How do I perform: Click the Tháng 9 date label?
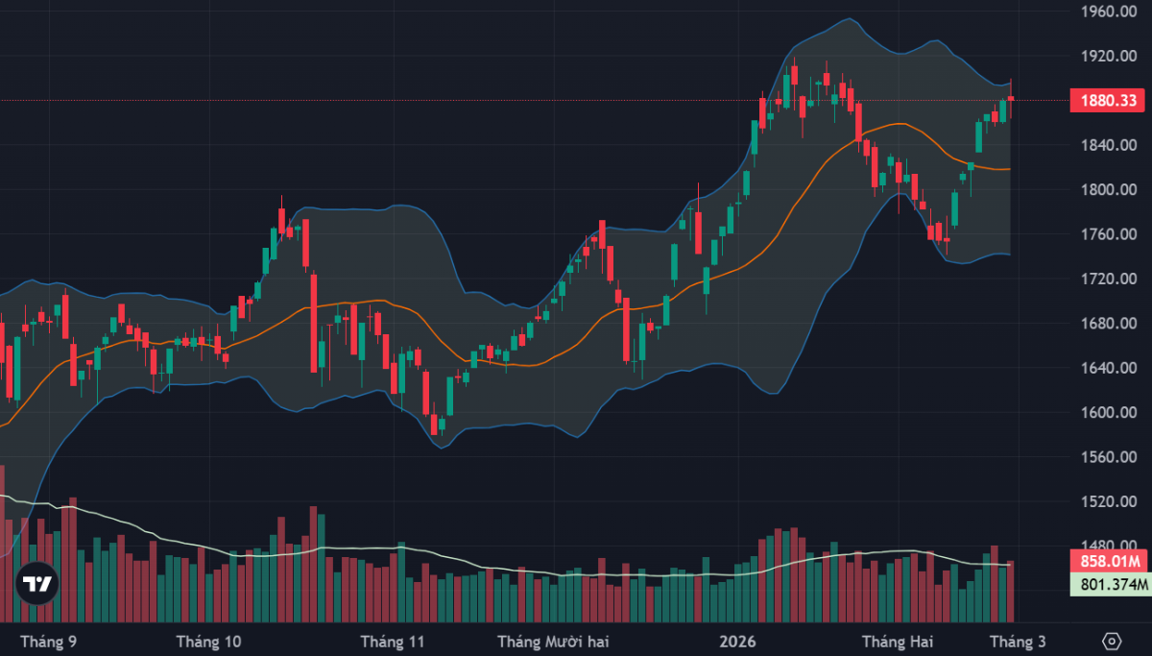(48, 641)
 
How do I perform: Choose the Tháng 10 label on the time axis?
(209, 641)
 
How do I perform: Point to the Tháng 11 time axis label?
(392, 641)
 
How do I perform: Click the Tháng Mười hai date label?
(553, 641)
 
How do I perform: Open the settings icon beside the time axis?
(1112, 641)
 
